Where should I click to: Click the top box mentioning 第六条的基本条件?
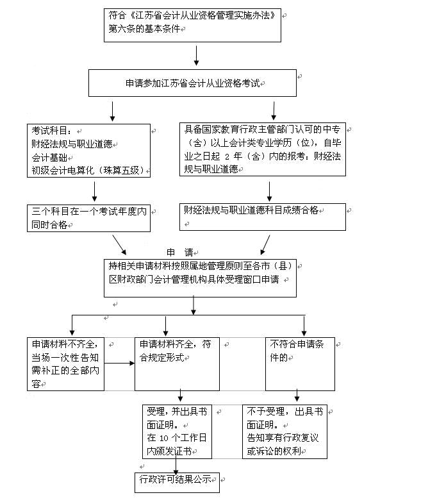[x=192, y=25]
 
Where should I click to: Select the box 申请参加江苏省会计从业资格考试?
[x=192, y=83]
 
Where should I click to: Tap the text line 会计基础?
[x=49, y=158]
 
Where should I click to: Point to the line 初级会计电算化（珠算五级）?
[x=88, y=171]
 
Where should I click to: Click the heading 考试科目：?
[x=52, y=131]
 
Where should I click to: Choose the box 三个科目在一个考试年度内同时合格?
[x=88, y=218]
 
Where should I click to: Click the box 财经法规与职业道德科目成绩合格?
[x=263, y=217]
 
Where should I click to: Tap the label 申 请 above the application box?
[x=180, y=252]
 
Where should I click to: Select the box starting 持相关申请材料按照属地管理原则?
[x=200, y=278]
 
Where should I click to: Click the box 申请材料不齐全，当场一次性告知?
[x=65, y=364]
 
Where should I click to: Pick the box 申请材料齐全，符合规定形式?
[x=177, y=364]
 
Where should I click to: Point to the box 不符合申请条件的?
[x=300, y=364]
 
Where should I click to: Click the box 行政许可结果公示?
[x=177, y=483]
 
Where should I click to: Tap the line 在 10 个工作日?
[x=177, y=438]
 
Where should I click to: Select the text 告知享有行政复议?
[x=283, y=438]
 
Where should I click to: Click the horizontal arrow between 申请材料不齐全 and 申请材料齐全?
[x=119, y=364]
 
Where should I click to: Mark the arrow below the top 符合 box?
[x=197, y=56]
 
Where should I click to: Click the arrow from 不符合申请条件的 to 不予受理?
[x=297, y=396]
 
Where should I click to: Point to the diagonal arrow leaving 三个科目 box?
[x=119, y=245]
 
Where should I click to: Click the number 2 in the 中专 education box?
[x=227, y=156]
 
